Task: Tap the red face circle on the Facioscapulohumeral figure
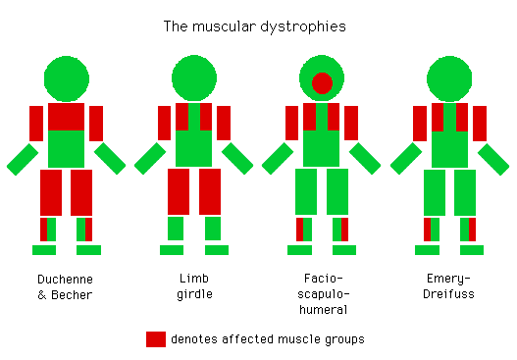(322, 81)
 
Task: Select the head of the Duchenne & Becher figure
(67, 78)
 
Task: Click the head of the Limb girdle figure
(194, 78)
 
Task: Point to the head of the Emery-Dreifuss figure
(450, 78)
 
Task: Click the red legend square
(156, 339)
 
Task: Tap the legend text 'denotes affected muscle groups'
(268, 339)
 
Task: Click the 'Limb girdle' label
(194, 287)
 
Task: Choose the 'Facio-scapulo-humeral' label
(322, 294)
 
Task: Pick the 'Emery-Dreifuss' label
(450, 287)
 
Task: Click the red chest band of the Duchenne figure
(67, 117)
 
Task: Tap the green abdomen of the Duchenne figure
(67, 148)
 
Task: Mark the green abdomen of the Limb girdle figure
(194, 149)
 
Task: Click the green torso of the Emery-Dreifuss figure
(450, 149)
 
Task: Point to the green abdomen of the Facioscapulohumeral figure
(322, 149)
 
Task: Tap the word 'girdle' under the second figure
(194, 295)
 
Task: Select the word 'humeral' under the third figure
(322, 309)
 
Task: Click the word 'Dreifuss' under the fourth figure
(450, 295)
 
